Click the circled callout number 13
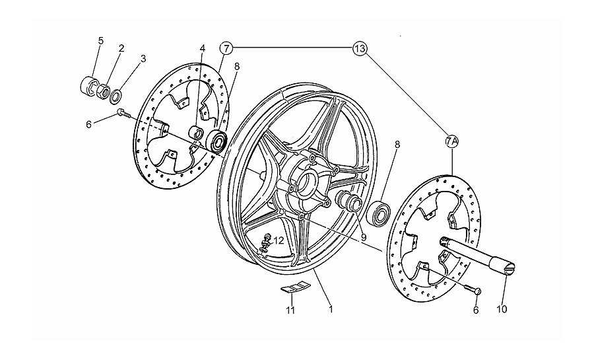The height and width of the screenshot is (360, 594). (x=359, y=48)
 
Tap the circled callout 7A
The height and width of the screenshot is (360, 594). (x=452, y=142)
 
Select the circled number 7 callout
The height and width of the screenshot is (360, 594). (x=226, y=48)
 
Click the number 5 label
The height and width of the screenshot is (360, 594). (x=101, y=40)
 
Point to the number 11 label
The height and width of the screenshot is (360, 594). (x=290, y=310)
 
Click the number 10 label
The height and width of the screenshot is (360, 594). (x=502, y=309)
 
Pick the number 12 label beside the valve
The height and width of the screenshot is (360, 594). (x=279, y=240)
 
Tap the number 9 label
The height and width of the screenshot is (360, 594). (x=364, y=238)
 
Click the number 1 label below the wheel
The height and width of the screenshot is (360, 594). (x=331, y=309)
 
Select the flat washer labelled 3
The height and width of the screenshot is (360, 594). (x=116, y=96)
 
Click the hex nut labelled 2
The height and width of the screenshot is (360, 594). (x=104, y=91)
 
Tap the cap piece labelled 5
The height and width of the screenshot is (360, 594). (x=89, y=86)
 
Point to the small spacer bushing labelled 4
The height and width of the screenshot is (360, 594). (x=196, y=133)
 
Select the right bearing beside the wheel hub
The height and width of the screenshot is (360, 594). (x=378, y=213)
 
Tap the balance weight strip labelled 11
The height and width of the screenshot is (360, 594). (x=295, y=287)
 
